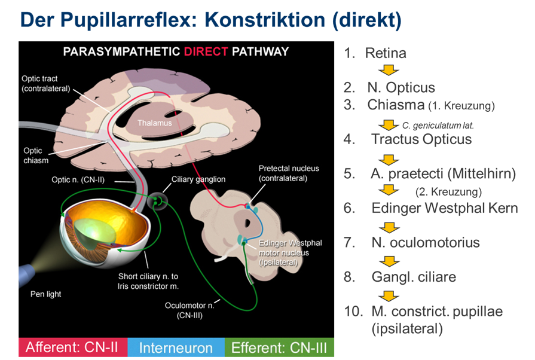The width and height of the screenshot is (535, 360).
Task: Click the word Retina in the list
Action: pos(386,53)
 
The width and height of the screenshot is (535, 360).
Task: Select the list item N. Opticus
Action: pos(401,88)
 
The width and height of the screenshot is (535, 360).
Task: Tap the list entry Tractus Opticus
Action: pos(421,139)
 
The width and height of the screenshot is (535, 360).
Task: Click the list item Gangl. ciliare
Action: pos(414,277)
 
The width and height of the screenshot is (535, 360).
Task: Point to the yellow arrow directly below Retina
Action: pos(390,70)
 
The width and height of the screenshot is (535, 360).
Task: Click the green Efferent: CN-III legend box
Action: pos(279,347)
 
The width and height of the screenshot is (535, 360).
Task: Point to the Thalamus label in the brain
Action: pos(155,123)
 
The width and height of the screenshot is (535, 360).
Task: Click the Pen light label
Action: pos(45,294)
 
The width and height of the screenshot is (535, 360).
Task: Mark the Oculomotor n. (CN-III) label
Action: pos(188,310)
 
